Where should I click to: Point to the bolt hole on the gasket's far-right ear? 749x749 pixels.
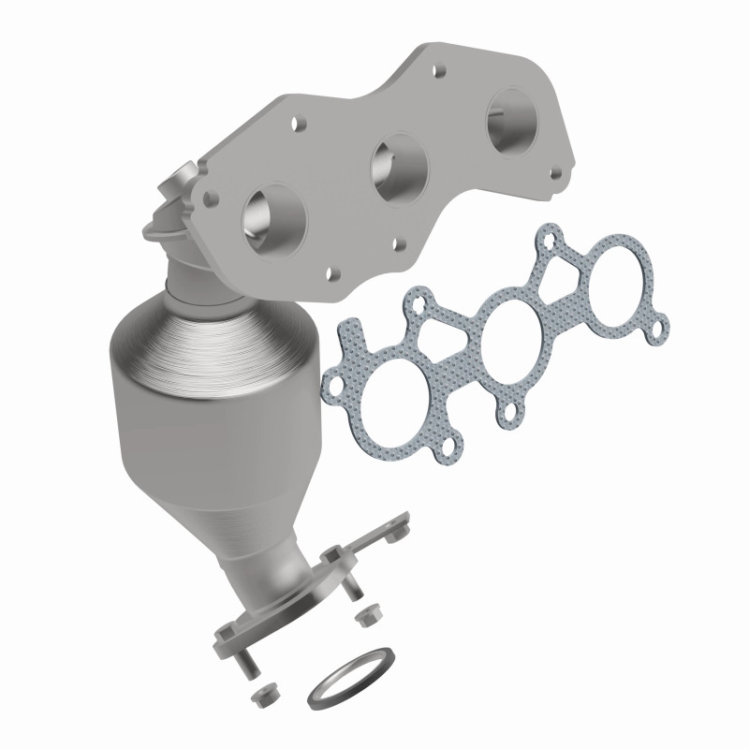(x=661, y=328)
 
